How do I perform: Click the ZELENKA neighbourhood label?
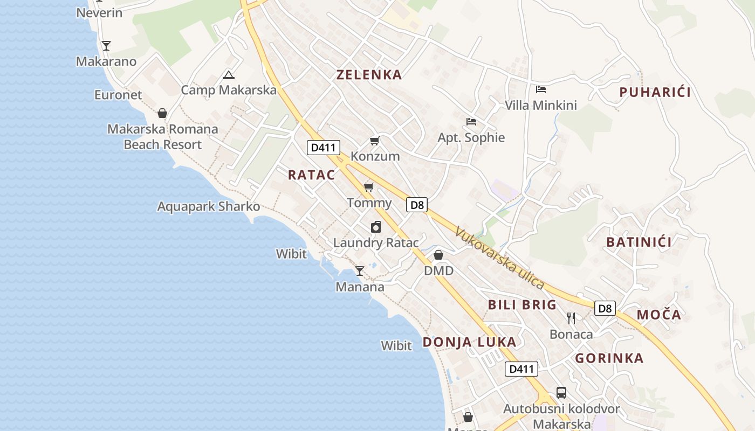[x=369, y=75]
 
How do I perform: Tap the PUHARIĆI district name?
[x=655, y=92]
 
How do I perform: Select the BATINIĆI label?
[x=639, y=242]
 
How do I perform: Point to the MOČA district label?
[x=659, y=315]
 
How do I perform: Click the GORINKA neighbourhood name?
[x=609, y=358]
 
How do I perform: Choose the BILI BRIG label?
[x=522, y=305]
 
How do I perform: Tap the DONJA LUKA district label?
[x=469, y=342]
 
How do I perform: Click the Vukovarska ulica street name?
[x=499, y=258]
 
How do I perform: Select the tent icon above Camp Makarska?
[x=228, y=75]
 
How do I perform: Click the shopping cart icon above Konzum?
[x=374, y=141]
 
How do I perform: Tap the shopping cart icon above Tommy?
[x=369, y=187]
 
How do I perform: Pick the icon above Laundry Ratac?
[x=376, y=227]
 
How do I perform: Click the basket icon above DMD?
[x=438, y=255]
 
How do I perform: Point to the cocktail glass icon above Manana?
[x=360, y=270]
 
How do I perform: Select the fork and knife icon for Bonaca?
[x=571, y=318]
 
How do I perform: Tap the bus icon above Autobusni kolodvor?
[x=561, y=393]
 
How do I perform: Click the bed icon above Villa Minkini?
[x=541, y=89]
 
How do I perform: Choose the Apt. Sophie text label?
[x=471, y=137]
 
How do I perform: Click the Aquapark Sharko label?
[x=208, y=206]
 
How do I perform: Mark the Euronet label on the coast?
[x=118, y=95]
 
